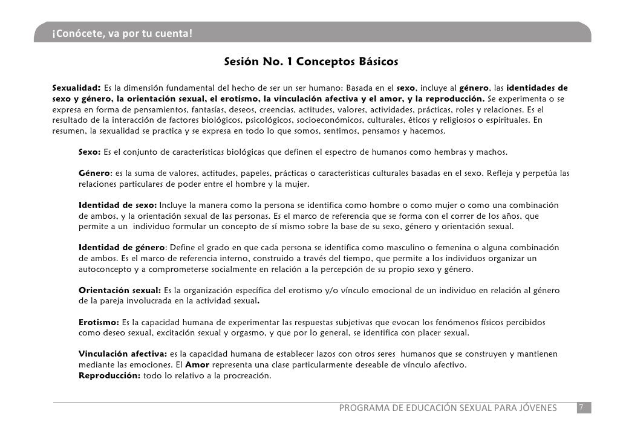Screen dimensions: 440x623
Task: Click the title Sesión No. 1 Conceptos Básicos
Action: tap(311, 62)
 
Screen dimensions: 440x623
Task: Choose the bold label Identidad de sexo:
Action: tap(118, 205)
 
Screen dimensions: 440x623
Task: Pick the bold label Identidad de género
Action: tap(122, 248)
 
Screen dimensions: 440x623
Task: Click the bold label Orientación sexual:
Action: tap(120, 291)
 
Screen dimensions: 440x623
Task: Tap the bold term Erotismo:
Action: tap(99, 322)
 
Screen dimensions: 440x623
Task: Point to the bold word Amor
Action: tap(197, 365)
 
